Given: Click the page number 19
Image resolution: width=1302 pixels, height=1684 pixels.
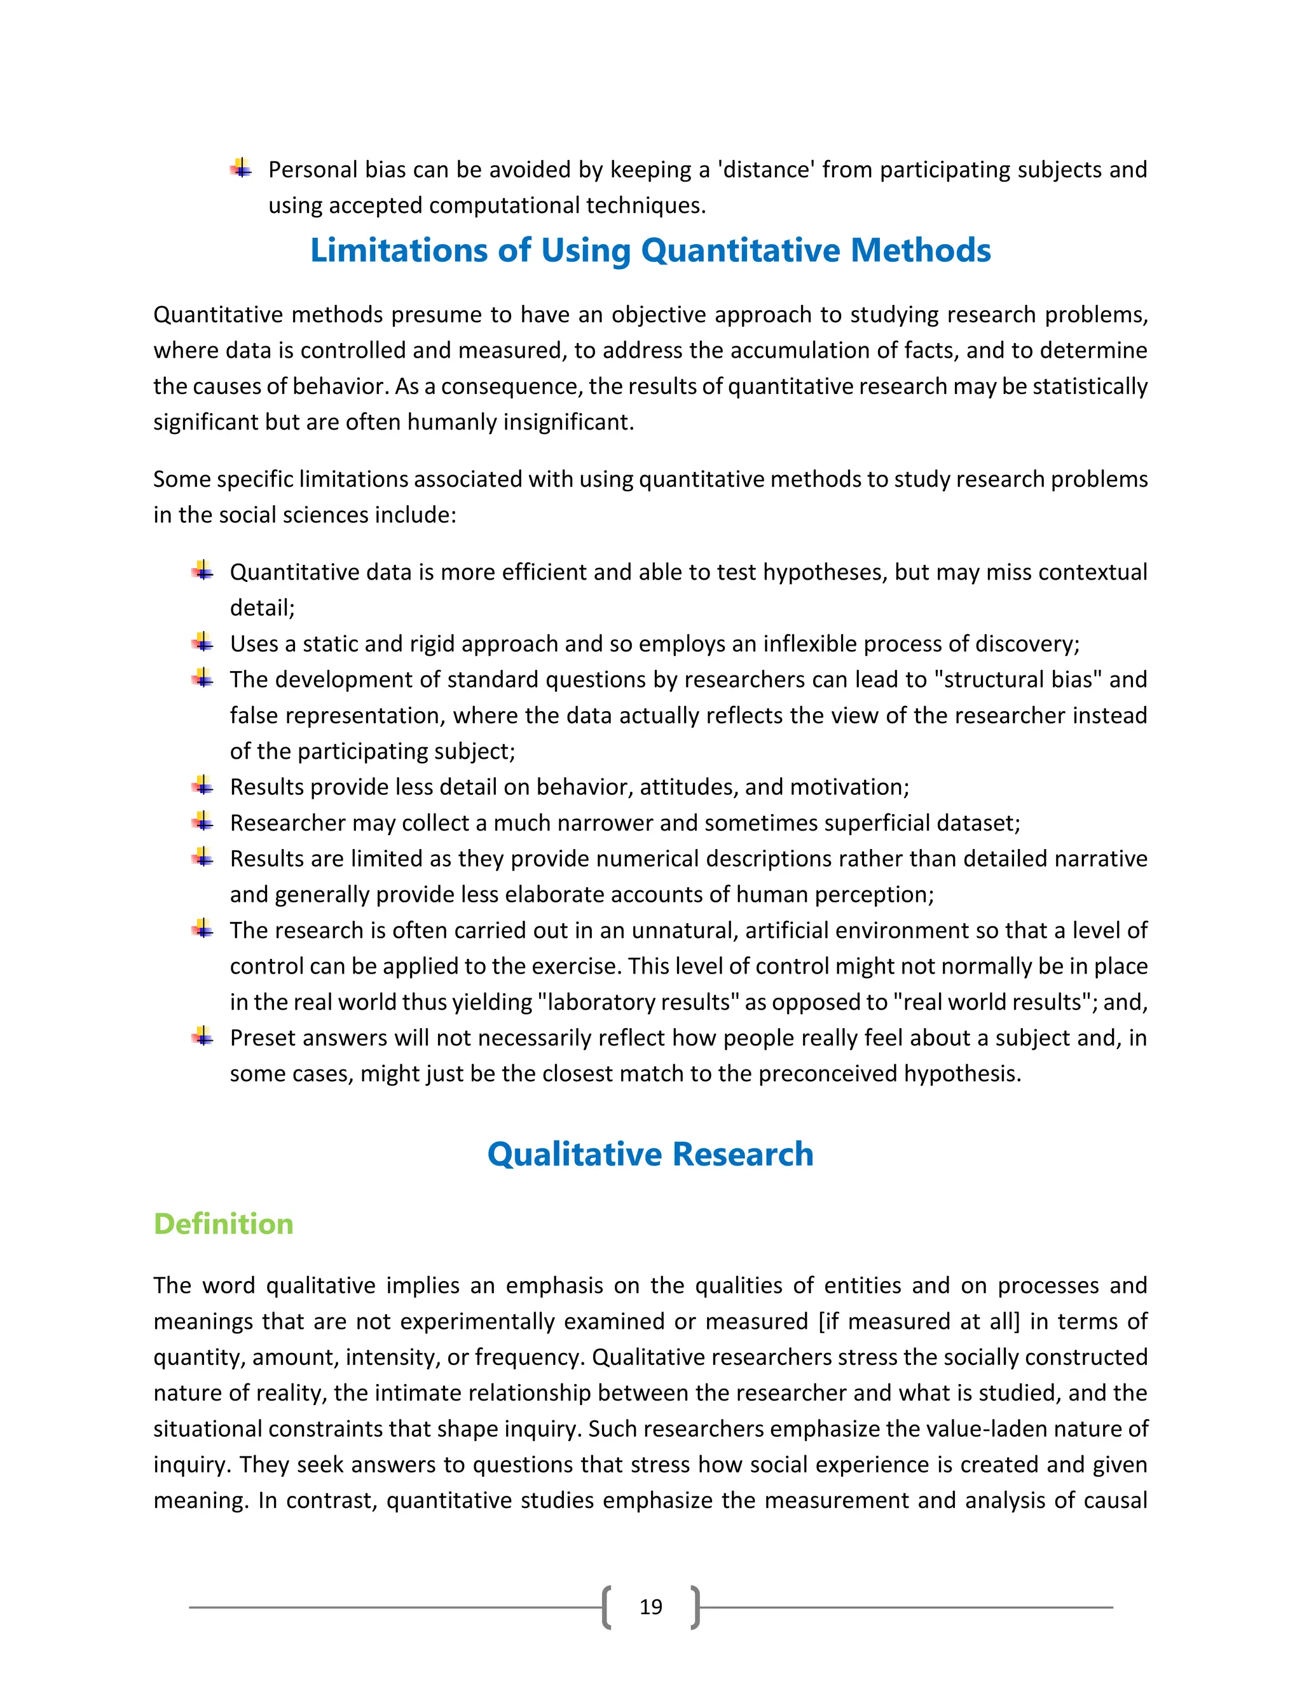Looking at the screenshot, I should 650,1606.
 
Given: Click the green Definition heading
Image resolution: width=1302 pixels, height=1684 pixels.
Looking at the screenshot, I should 223,1224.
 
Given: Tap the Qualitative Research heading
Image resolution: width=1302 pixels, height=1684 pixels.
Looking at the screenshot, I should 650,1154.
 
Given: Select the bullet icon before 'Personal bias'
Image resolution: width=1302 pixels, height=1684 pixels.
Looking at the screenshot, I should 242,168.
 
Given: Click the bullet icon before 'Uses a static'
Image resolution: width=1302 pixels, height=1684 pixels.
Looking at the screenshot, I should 203,642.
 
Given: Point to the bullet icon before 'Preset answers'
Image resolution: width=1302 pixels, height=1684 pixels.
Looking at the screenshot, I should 203,1036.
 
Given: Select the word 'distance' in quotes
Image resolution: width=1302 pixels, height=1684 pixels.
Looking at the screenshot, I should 766,170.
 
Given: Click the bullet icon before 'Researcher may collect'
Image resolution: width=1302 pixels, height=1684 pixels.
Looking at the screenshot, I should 203,821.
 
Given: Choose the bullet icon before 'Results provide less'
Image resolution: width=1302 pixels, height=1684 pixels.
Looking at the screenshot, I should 203,785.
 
